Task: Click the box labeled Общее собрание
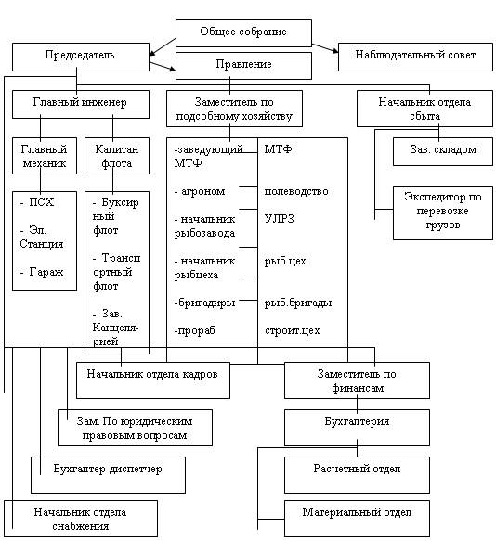click(243, 33)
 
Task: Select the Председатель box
click(81, 57)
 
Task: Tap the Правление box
click(243, 66)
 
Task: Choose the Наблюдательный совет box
click(415, 57)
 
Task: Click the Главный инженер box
click(81, 104)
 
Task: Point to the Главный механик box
click(45, 156)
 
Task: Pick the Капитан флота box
click(117, 156)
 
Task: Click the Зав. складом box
click(443, 151)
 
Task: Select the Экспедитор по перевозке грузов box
click(443, 213)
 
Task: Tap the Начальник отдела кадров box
click(153, 380)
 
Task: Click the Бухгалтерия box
click(357, 428)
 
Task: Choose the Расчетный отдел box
click(357, 475)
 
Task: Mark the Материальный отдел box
click(357, 519)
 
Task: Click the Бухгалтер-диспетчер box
click(108, 475)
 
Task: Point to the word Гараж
click(46, 272)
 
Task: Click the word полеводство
click(296, 191)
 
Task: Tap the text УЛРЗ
click(279, 219)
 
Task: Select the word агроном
click(203, 191)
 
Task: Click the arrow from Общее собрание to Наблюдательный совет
click(325, 48)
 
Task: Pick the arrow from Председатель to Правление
click(163, 66)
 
